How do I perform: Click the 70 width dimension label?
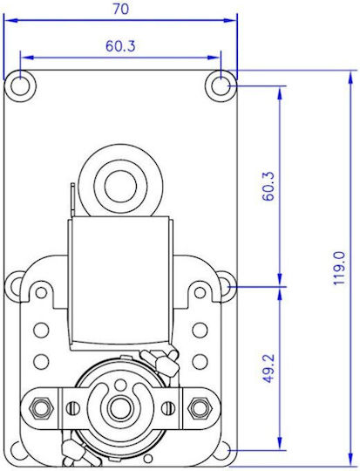(120, 9)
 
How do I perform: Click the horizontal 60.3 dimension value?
(120, 46)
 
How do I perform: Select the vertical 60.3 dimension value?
(268, 186)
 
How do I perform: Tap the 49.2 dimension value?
(268, 368)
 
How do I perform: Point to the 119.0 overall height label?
(339, 269)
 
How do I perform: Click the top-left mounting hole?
(20, 86)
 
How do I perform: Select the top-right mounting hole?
(221, 86)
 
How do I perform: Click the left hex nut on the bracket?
(40, 407)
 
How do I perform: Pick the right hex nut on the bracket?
(199, 407)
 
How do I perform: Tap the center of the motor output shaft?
(119, 407)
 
